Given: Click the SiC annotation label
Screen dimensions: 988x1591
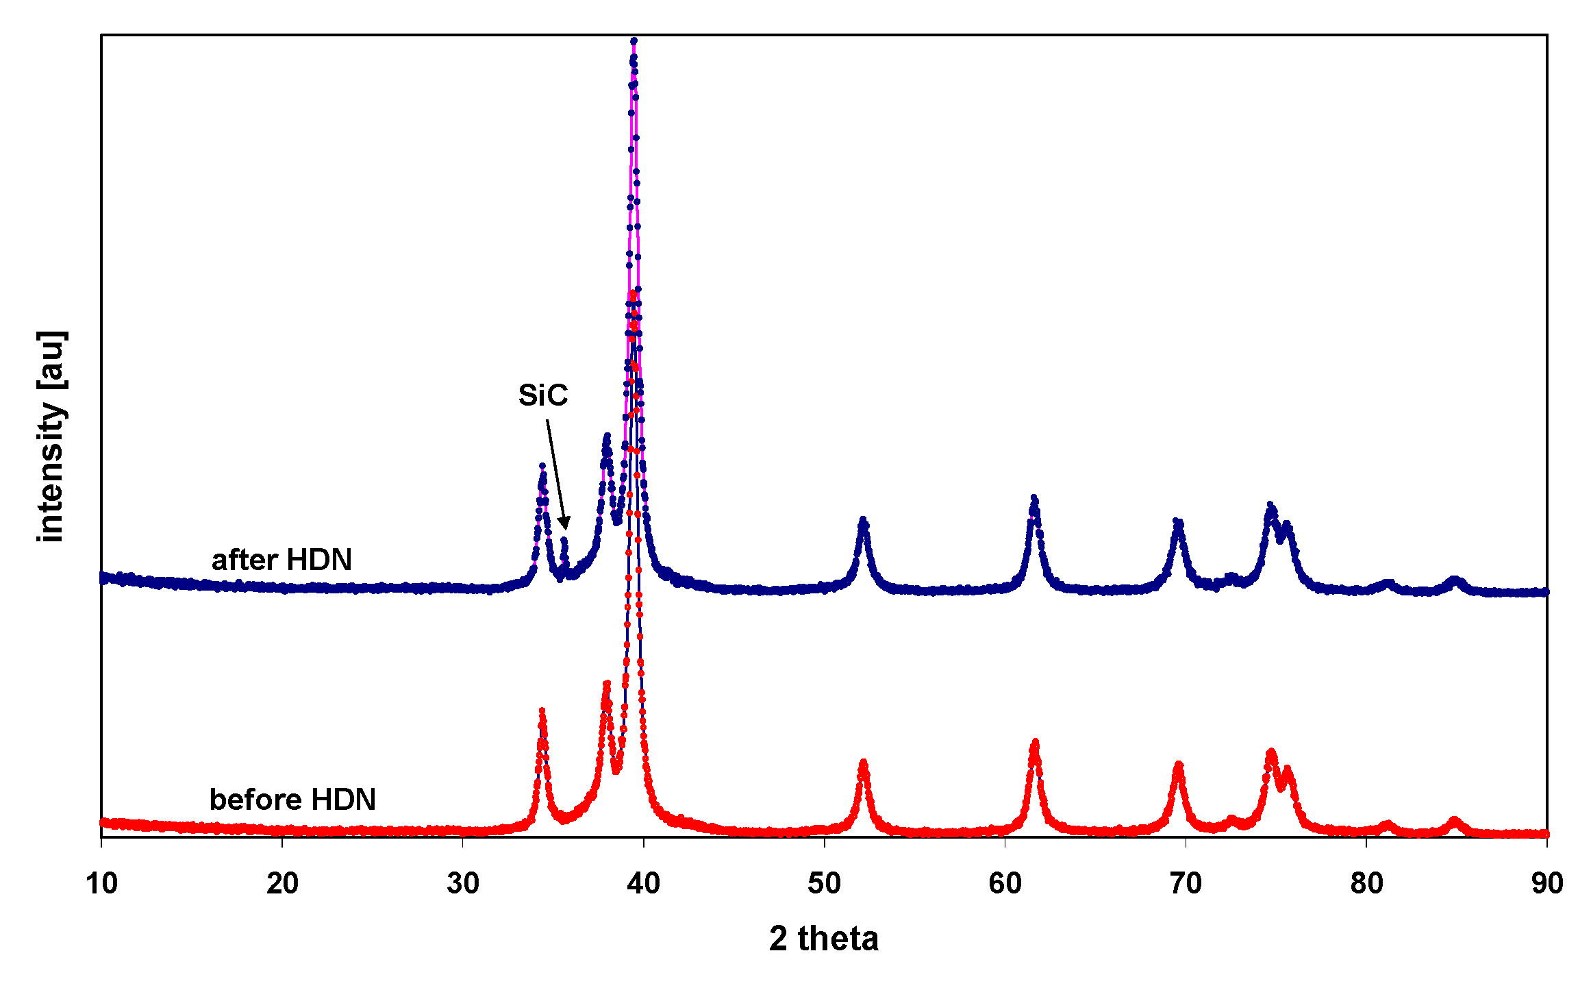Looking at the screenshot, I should tap(542, 395).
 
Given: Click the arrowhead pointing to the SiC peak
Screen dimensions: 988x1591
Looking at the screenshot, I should tap(565, 523).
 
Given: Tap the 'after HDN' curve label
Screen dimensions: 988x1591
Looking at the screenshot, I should tap(281, 560).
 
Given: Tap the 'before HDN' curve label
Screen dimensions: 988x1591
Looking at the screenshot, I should tap(292, 800).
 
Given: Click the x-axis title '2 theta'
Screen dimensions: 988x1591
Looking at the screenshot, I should tap(823, 938).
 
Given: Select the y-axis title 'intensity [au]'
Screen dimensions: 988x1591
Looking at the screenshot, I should tap(51, 436).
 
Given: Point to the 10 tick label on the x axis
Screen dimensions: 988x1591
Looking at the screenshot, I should tap(101, 883).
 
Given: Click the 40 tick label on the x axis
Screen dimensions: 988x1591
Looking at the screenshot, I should tap(643, 883).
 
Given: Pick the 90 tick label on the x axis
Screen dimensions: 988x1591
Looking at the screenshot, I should tap(1546, 883).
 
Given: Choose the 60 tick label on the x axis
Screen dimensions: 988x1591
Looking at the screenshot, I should tap(1005, 883).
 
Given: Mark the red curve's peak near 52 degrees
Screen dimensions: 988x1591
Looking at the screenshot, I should tap(863, 763).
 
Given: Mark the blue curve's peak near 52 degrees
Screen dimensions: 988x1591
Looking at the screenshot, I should tap(863, 520).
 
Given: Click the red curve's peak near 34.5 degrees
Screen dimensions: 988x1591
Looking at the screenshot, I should tap(542, 711).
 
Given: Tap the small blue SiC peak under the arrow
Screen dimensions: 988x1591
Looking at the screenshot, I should tap(564, 541).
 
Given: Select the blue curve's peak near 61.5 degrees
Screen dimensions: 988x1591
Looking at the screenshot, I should tap(1034, 498).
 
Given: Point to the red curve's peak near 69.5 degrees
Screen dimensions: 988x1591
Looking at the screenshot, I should tap(1179, 764).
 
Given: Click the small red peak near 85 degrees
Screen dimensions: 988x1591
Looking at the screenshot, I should tap(1455, 819).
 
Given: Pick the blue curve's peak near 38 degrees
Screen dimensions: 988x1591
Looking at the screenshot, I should tap(607, 436).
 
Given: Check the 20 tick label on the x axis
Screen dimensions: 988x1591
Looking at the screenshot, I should tap(282, 883).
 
